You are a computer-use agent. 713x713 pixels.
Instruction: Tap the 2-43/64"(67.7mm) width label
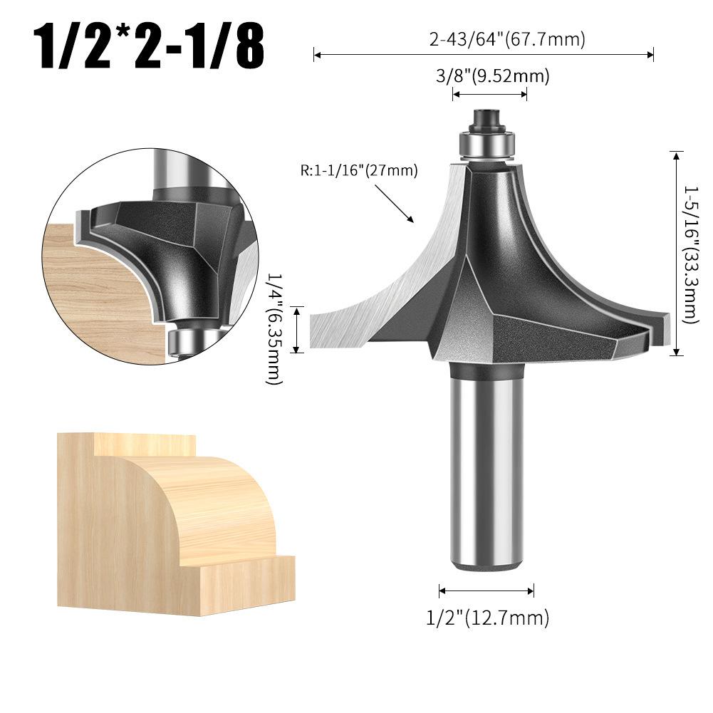pyautogui.click(x=506, y=39)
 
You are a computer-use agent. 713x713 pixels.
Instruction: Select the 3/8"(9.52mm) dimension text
pyautogui.click(x=492, y=76)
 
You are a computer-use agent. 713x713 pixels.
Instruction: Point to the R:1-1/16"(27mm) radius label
pyautogui.click(x=359, y=170)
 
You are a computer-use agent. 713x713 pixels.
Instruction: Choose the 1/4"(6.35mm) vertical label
pyautogui.click(x=274, y=329)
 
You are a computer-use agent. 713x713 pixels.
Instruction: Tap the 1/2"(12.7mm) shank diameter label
pyautogui.click(x=487, y=618)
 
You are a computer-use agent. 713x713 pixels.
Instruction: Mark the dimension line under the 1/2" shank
pyautogui.click(x=486, y=590)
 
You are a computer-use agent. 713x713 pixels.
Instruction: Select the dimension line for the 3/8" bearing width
pyautogui.click(x=490, y=95)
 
